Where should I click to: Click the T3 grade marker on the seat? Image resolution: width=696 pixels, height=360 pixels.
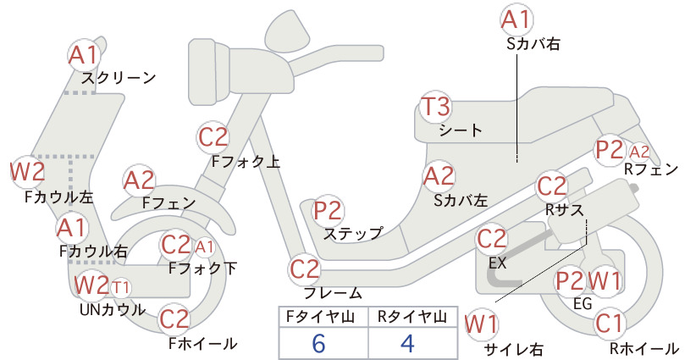(435, 108)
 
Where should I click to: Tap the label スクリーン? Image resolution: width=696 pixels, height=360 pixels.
(119, 78)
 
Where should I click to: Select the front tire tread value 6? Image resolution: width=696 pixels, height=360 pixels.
(318, 343)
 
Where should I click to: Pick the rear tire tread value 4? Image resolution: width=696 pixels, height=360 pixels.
(408, 343)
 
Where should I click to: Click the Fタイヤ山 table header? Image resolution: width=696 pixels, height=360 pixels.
(320, 317)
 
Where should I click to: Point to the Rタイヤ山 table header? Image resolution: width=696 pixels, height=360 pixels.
(412, 317)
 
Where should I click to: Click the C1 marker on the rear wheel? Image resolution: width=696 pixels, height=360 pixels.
(610, 324)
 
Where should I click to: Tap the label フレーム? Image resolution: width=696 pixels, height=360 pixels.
(333, 293)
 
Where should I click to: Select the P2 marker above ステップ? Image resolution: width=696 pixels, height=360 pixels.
(328, 211)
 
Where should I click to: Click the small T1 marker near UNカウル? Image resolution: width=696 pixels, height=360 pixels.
(121, 288)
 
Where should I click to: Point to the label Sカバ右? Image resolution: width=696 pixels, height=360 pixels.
(533, 44)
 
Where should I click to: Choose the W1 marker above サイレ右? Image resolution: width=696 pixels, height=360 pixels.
(482, 325)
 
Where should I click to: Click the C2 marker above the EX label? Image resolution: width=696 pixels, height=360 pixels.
(492, 239)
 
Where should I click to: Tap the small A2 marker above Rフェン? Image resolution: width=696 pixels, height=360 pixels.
(639, 152)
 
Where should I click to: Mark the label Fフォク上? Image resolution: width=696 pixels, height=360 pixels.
(246, 161)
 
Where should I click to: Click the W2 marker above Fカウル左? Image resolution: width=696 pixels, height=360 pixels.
(28, 172)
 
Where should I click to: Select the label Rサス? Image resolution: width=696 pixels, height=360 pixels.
(564, 209)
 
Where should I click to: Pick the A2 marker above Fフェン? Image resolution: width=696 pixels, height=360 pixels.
(139, 181)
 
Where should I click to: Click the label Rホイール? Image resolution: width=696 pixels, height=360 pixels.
(644, 348)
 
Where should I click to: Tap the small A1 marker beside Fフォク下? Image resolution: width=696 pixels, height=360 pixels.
(204, 247)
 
